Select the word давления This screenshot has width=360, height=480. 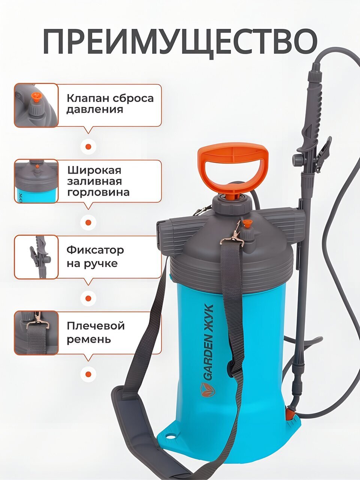[94, 109]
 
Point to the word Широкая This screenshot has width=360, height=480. [94, 170]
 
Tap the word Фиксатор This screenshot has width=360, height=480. [95, 250]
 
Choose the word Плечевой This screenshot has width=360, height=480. [96, 326]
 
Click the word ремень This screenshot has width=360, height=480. [89, 340]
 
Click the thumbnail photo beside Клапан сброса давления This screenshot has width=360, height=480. [36, 105]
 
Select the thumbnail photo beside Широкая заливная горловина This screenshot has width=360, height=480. [36, 181]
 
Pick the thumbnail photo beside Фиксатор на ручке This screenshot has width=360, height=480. [36, 257]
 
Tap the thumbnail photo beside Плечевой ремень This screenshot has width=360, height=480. [36, 333]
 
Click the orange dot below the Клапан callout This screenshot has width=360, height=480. [88, 147]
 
